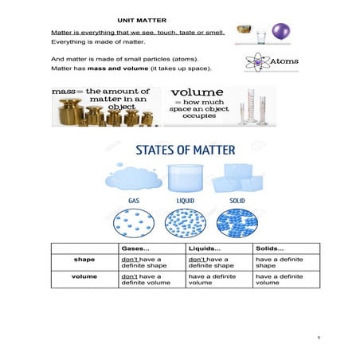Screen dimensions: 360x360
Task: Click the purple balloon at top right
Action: coord(281,32)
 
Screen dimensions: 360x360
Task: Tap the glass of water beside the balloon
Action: coord(261,37)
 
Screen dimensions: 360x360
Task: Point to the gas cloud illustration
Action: coord(130,176)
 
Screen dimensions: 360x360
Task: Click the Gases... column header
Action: coord(135,248)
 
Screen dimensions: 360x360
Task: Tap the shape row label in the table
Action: coord(84,259)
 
